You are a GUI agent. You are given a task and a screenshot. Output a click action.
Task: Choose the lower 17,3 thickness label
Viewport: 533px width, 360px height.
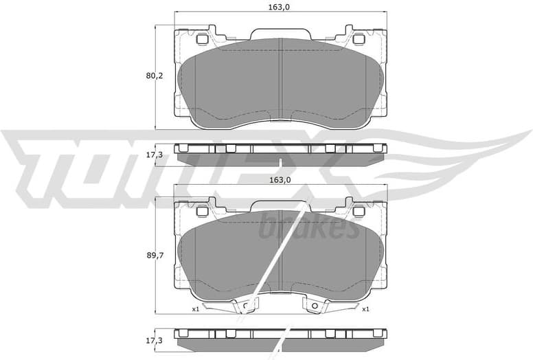pyautogui.click(x=155, y=339)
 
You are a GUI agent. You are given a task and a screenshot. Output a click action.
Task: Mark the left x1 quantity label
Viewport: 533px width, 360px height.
pyautogui.click(x=196, y=309)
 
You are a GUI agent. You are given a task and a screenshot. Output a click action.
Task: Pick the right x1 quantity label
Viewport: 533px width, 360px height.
pyautogui.click(x=366, y=309)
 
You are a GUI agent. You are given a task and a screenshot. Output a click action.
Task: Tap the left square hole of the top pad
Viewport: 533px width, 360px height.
pyautogui.click(x=202, y=39)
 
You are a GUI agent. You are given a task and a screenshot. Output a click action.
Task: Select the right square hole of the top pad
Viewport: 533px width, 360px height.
pyautogui.click(x=358, y=39)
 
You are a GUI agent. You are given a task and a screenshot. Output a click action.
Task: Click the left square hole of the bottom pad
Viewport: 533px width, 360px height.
pyautogui.click(x=202, y=212)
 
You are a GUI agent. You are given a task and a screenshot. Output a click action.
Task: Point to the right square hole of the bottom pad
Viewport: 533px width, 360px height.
pyautogui.click(x=358, y=212)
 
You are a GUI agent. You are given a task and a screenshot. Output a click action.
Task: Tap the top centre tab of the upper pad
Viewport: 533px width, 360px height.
pyautogui.click(x=280, y=34)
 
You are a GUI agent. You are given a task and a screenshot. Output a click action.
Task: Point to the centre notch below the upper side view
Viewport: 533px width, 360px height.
pyautogui.click(x=280, y=163)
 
